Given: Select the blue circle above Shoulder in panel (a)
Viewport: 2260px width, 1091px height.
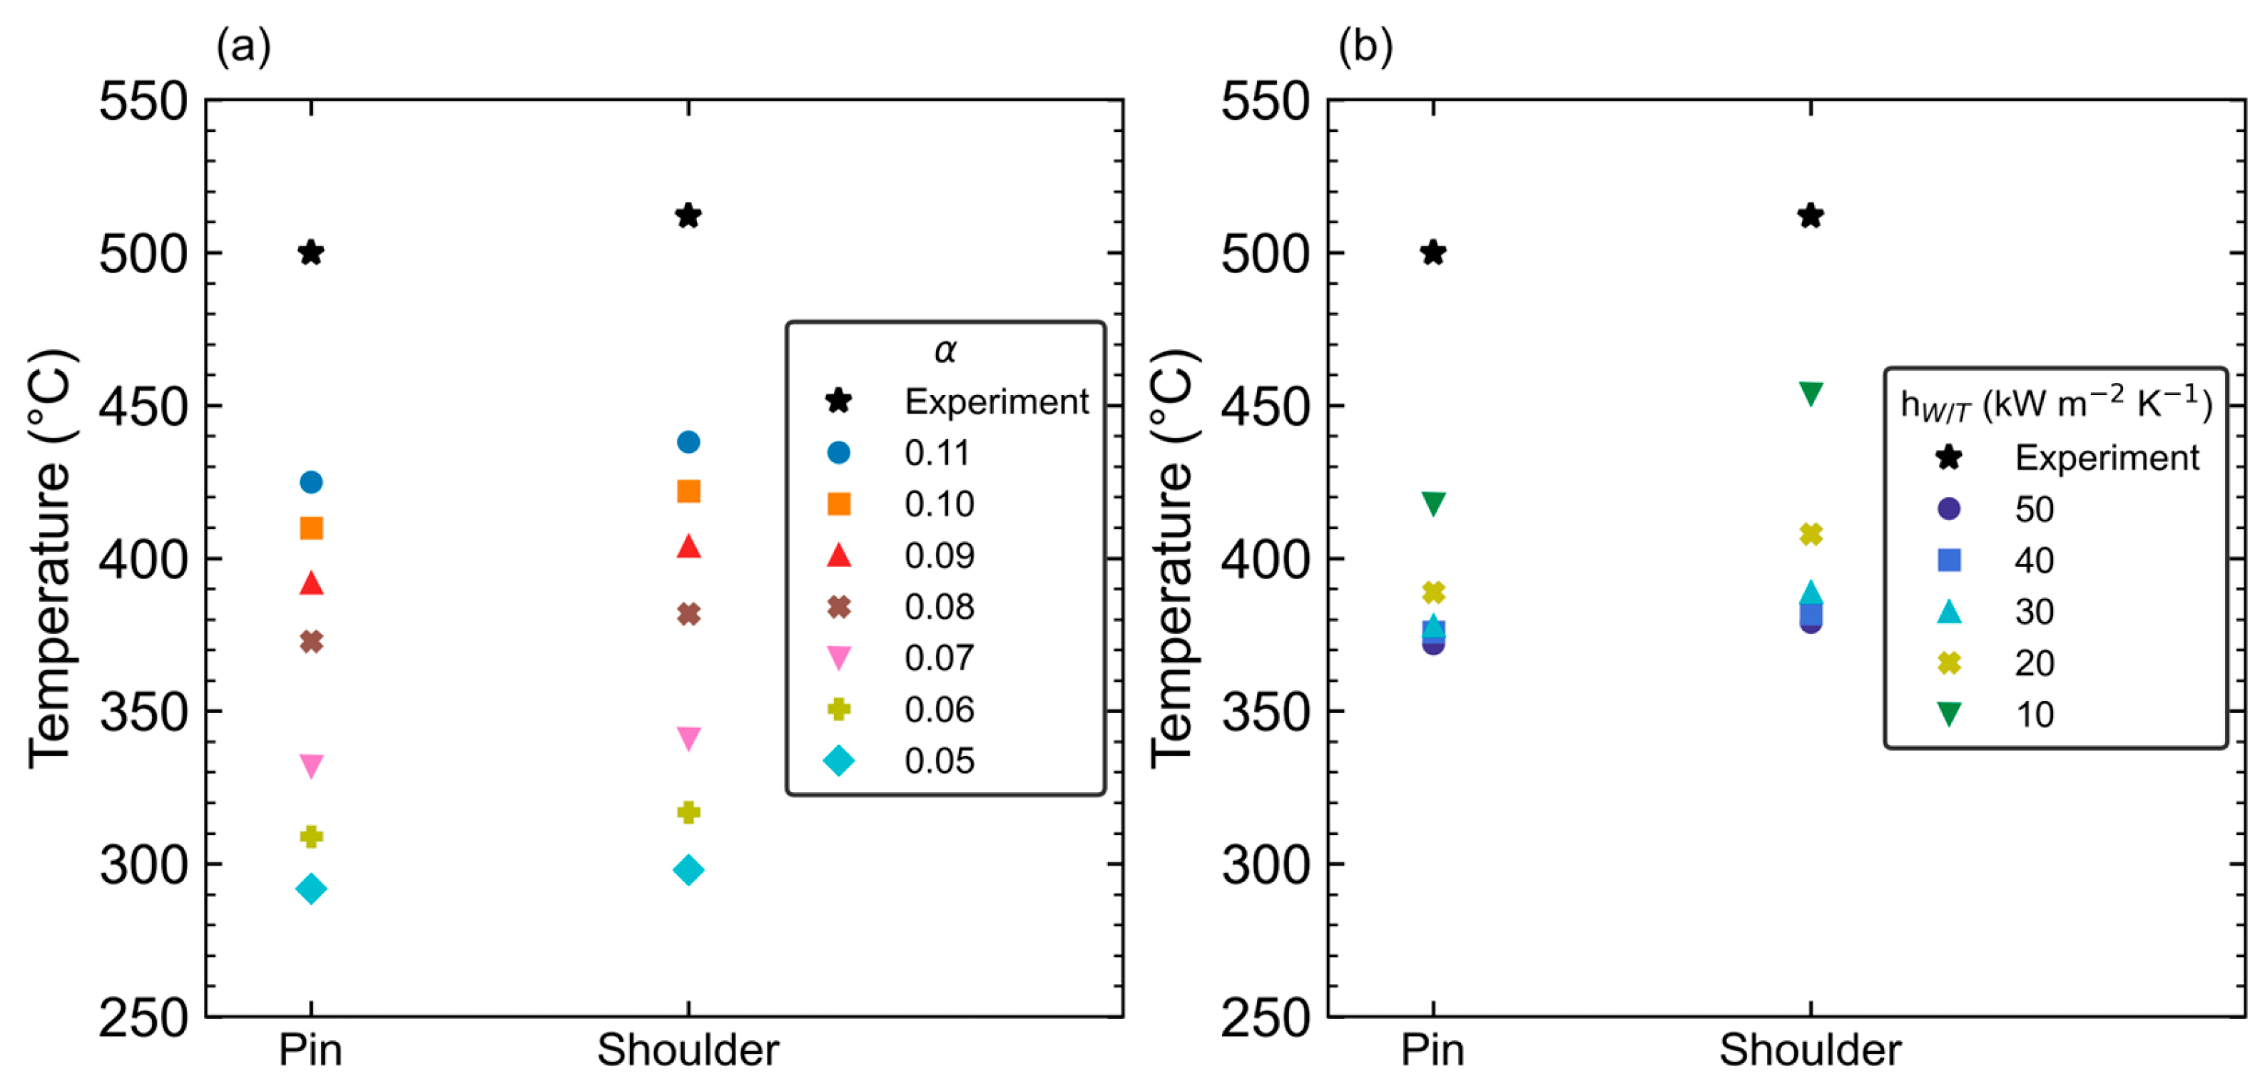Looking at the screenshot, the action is coord(688,442).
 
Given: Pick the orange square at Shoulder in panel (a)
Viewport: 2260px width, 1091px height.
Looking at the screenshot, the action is coord(688,491).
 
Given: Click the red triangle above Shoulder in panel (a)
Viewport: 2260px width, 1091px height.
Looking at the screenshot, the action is coord(688,545).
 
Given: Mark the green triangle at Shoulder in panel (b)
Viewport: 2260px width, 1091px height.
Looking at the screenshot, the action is coord(1811,394).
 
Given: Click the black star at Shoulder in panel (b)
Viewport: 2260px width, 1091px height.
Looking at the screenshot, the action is coord(1811,216).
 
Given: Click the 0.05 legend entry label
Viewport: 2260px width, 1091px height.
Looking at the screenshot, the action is coord(940,760).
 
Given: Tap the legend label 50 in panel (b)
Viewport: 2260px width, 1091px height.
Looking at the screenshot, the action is coord(2034,508).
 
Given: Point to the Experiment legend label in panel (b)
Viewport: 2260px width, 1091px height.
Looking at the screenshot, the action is coord(2107,458).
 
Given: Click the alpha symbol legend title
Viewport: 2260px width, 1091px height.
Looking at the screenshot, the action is coord(945,351).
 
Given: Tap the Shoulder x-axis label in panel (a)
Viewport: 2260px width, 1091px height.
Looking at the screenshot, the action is coord(688,1050).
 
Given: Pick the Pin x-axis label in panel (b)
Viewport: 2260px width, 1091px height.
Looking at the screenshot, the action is coord(1432,1050).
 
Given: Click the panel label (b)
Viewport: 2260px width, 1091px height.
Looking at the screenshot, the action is coord(1365,46).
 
